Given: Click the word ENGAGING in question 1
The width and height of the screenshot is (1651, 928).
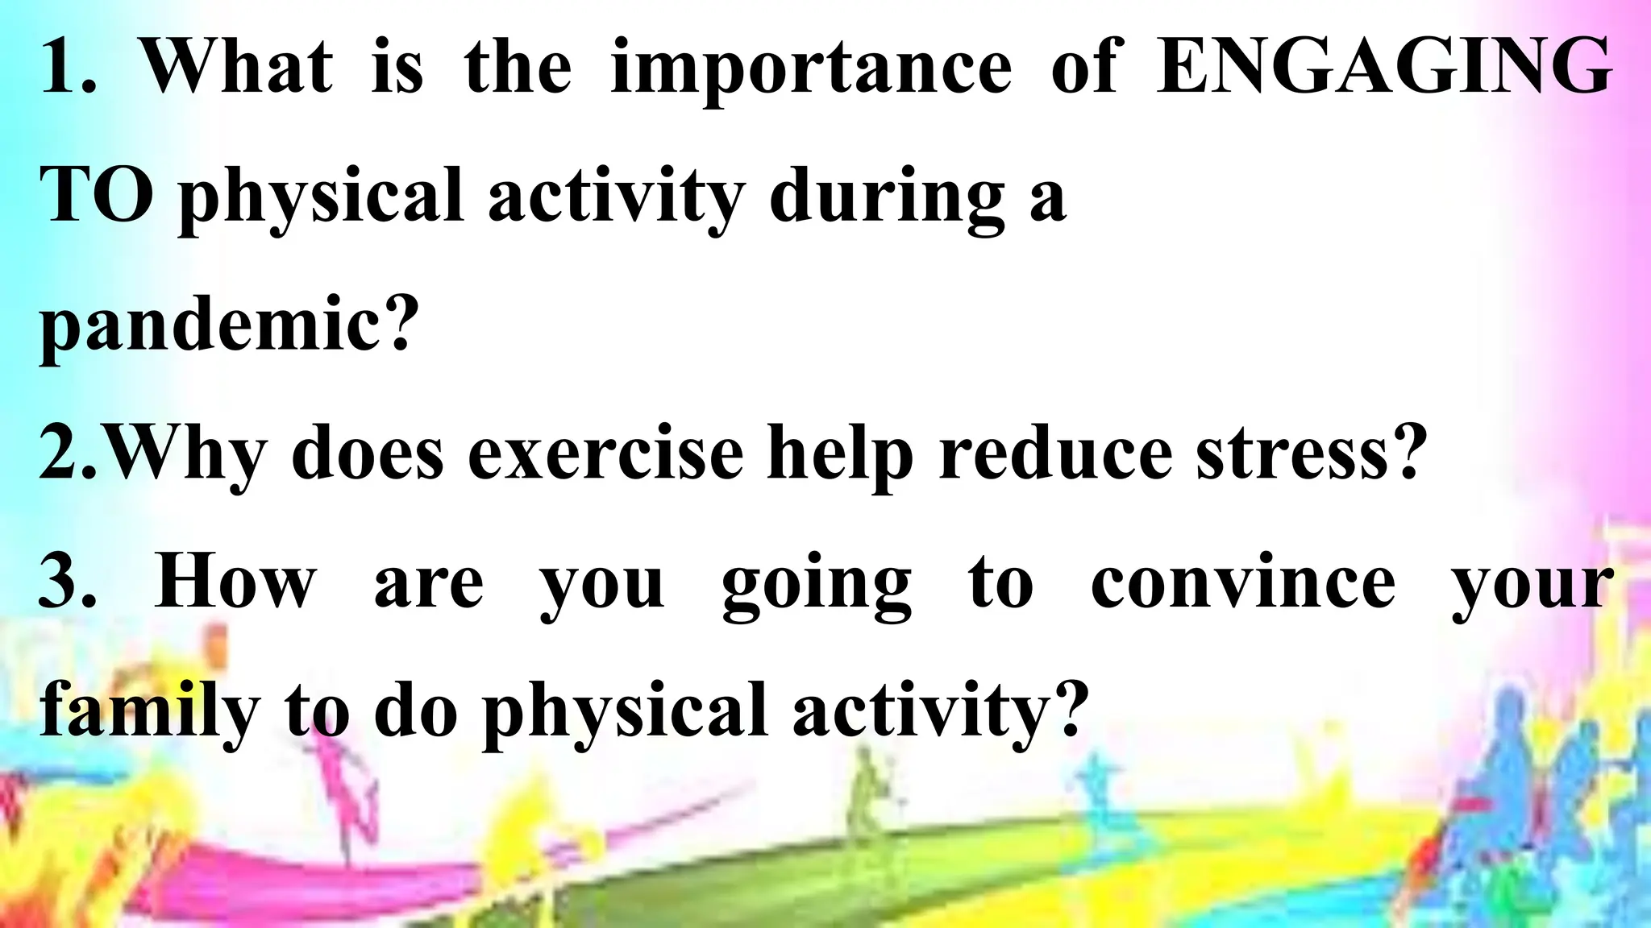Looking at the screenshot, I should pos(1383,68).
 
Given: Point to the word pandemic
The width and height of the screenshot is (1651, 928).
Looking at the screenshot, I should pos(229,327).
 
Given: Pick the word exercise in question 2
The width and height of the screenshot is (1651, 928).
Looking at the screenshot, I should pos(605,453).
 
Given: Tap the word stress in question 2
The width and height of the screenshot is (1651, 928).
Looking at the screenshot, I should pos(1306,453).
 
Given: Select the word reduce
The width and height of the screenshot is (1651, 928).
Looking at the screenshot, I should pos(1056,453).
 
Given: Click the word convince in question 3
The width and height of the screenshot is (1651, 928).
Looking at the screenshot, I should pos(1243,582).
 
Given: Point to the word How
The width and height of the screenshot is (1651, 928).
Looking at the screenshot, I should pos(235,582).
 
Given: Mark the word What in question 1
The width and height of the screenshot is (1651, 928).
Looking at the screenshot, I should pos(237,68).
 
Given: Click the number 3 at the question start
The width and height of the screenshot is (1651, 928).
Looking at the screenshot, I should pos(61,582).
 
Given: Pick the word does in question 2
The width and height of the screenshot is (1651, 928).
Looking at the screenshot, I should pos(367,453).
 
